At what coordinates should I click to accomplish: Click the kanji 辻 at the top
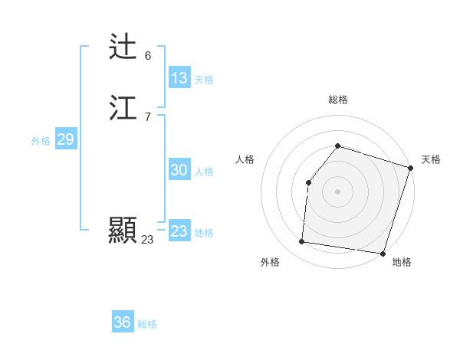pos(123,47)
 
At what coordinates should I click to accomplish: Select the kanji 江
pos(123,108)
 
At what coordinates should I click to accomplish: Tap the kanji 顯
pos(123,230)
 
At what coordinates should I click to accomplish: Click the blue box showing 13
pos(179,78)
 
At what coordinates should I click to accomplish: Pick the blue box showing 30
pos(179,170)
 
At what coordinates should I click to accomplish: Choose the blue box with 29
pos(65,139)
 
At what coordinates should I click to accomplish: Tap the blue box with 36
pos(123,322)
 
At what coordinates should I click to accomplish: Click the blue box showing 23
pos(179,231)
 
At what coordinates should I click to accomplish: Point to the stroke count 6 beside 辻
pos(148,56)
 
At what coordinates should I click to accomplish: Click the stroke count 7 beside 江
pos(148,117)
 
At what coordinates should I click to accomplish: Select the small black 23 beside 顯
pos(147,240)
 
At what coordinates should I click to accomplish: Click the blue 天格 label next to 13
pos(204,80)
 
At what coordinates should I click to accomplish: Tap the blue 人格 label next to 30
pos(204,172)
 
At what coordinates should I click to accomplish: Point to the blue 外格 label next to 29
pos(41,141)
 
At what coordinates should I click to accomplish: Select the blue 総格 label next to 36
pos(147,324)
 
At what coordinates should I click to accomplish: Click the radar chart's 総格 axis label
pos(337,100)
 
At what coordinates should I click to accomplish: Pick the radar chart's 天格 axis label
pos(431,159)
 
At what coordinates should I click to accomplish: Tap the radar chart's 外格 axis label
pos(270,262)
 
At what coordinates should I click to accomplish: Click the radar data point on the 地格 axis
pos(383,253)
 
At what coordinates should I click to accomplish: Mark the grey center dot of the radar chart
pos(337,191)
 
